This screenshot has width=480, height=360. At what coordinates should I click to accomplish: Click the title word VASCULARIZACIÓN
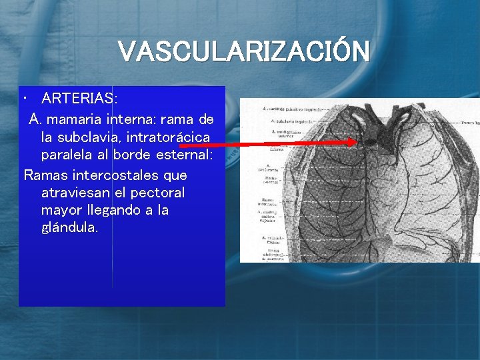243,51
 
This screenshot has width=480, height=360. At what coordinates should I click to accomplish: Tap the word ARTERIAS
78,99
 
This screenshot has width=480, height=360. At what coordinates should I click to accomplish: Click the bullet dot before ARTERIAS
24,99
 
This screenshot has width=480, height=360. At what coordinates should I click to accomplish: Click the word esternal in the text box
185,155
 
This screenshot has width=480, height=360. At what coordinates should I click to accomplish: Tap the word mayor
61,210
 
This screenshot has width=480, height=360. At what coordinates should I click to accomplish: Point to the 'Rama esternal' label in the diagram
273,179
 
